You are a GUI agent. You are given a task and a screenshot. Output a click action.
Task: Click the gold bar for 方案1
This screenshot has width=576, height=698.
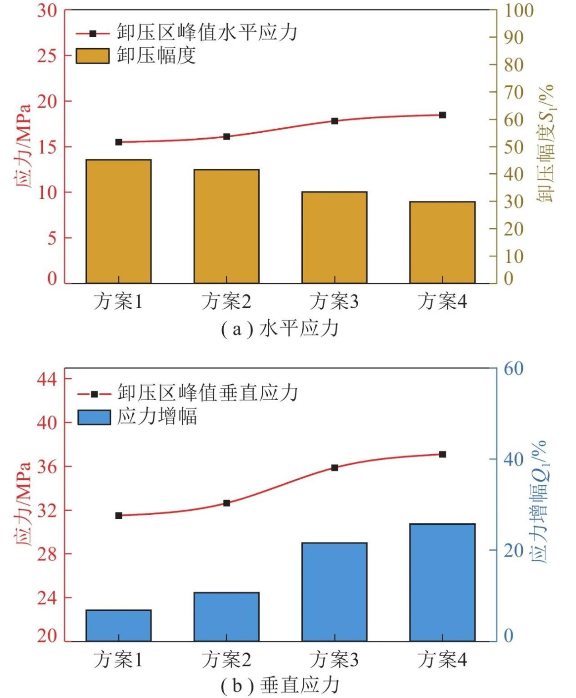click(x=119, y=221)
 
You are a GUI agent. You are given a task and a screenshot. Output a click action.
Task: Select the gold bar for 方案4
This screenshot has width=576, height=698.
click(x=442, y=242)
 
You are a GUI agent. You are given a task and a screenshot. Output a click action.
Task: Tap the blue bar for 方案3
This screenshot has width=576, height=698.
click(x=335, y=592)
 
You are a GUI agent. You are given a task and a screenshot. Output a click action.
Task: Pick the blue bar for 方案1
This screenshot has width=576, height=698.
click(x=119, y=625)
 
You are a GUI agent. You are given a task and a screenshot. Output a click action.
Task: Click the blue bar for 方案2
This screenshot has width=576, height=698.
click(x=226, y=617)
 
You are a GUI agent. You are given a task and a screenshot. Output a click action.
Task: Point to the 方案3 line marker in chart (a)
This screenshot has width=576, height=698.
click(x=335, y=121)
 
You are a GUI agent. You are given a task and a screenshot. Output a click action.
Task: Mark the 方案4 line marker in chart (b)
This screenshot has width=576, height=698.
click(x=442, y=454)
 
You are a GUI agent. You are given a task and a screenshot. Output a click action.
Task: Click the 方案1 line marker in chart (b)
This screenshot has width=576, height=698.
click(x=119, y=516)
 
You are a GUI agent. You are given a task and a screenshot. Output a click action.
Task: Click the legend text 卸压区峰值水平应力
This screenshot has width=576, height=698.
click(x=207, y=33)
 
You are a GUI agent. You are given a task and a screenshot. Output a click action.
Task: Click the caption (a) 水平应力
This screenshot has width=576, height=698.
click(x=280, y=328)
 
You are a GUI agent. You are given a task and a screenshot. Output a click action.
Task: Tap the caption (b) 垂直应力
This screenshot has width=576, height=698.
click(x=280, y=686)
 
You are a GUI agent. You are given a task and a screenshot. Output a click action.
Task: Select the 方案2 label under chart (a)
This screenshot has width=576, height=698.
click(x=226, y=301)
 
